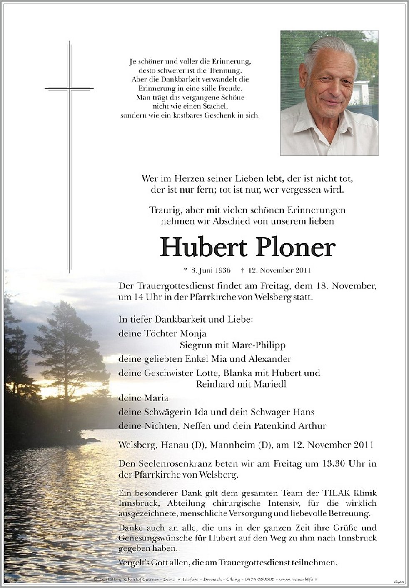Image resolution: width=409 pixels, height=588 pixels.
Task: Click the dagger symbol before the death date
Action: pyautogui.click(x=242, y=270)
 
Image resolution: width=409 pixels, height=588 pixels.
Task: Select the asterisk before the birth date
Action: pyautogui.click(x=185, y=270)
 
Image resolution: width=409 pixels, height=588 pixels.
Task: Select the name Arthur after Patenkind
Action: pyautogui.click(x=313, y=426)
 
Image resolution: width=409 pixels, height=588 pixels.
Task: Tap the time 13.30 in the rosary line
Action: pyautogui.click(x=324, y=463)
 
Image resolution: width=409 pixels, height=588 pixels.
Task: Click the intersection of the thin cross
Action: pyautogui.click(x=69, y=88)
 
